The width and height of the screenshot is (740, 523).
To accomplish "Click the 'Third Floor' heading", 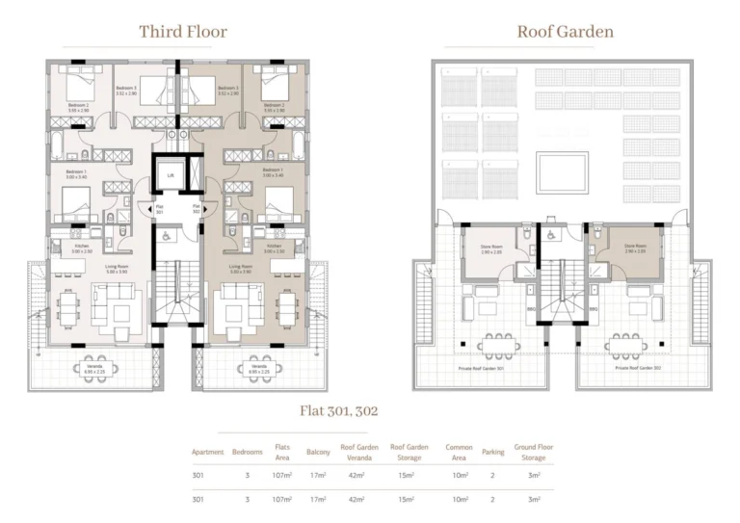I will click(183, 32).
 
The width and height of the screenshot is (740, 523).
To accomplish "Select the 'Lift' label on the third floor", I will click(171, 176).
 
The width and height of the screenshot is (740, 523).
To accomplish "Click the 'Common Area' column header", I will click(458, 452).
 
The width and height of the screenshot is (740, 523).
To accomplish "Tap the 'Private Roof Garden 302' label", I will click(637, 367).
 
